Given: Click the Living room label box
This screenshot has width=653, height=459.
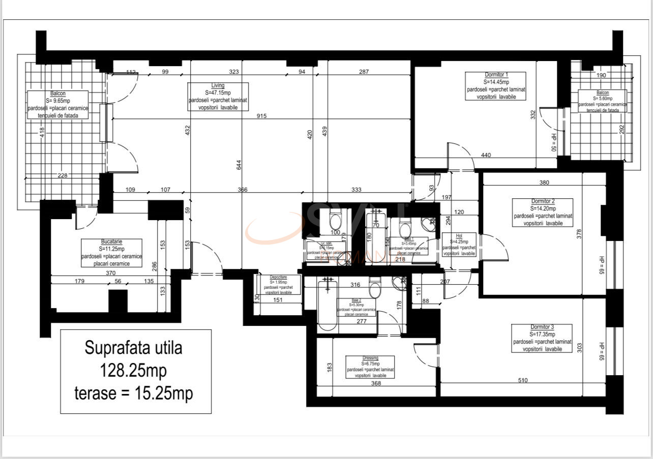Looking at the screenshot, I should click(218, 97).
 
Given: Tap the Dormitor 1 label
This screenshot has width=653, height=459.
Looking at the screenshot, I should click(496, 85).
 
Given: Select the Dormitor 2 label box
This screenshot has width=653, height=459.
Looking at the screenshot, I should click(543, 212).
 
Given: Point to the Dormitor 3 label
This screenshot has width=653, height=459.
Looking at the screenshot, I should click(542, 338).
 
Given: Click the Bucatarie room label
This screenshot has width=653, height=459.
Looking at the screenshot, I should click(111, 253).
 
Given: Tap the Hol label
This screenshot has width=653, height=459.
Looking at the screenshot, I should click(459, 244).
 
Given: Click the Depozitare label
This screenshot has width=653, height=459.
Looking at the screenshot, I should click(278, 285).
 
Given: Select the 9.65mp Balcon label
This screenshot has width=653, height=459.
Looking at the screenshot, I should click(58, 105).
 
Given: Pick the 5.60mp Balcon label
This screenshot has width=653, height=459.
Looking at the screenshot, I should click(603, 101).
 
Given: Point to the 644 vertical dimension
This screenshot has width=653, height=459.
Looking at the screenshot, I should click(239, 165).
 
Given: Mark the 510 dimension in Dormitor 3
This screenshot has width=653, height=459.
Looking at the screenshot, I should click(522, 380).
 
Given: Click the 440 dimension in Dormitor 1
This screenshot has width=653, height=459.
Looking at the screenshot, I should click(486, 155).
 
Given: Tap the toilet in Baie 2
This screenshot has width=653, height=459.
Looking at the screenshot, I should click(375, 289).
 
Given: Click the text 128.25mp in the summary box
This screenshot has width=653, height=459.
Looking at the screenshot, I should click(135, 371).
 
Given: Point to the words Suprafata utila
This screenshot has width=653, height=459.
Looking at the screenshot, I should click(133, 349).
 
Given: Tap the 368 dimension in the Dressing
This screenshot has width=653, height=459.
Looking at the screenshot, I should click(376, 384).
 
